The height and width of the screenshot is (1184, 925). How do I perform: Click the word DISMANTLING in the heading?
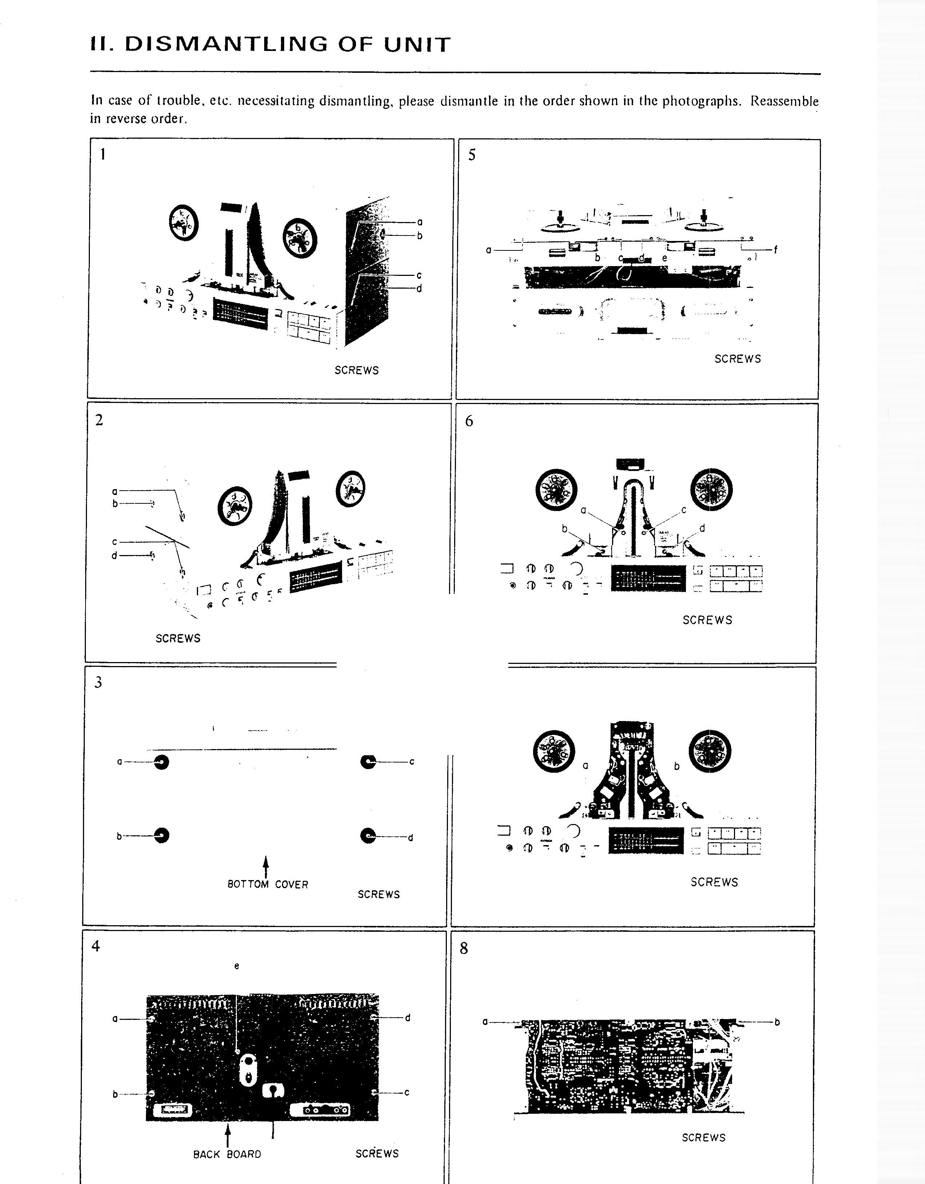pyautogui.click(x=226, y=44)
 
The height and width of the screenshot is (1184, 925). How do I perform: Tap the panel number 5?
pyautogui.click(x=472, y=155)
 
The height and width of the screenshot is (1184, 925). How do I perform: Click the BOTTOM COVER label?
pyautogui.click(x=268, y=884)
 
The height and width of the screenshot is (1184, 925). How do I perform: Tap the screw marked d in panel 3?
pyautogui.click(x=368, y=836)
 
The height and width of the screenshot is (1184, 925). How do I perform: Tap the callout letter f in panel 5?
pyautogui.click(x=775, y=250)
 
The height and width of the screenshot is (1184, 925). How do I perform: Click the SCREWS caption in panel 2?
pyautogui.click(x=178, y=638)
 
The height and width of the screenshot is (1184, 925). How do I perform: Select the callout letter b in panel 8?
pyautogui.click(x=777, y=1022)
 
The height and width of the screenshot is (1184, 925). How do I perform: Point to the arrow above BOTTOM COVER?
pyautogui.click(x=266, y=866)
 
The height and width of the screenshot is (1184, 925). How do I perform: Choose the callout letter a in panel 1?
pyautogui.click(x=420, y=222)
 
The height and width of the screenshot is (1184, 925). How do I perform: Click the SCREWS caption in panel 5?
pyautogui.click(x=738, y=359)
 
